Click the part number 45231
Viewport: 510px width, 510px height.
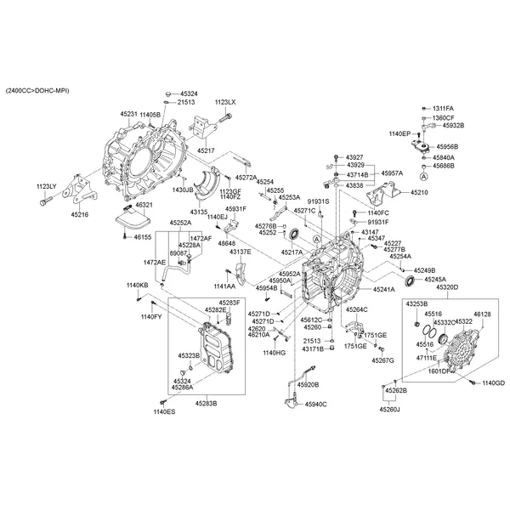128,114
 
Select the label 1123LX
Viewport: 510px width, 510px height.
225,102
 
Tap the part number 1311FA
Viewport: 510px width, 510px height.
444,109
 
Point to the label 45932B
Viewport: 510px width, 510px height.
452,125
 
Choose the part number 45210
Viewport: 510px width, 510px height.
420,193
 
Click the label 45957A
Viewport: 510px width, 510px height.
392,173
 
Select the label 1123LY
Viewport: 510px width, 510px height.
46,185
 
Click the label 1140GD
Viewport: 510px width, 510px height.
493,383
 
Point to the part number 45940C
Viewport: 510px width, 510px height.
315,404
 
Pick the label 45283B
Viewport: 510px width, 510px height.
204,403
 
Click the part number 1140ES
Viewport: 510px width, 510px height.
164,411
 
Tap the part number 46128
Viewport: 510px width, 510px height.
483,314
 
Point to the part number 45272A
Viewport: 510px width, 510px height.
246,178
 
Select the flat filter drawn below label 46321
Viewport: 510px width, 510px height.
129,218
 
